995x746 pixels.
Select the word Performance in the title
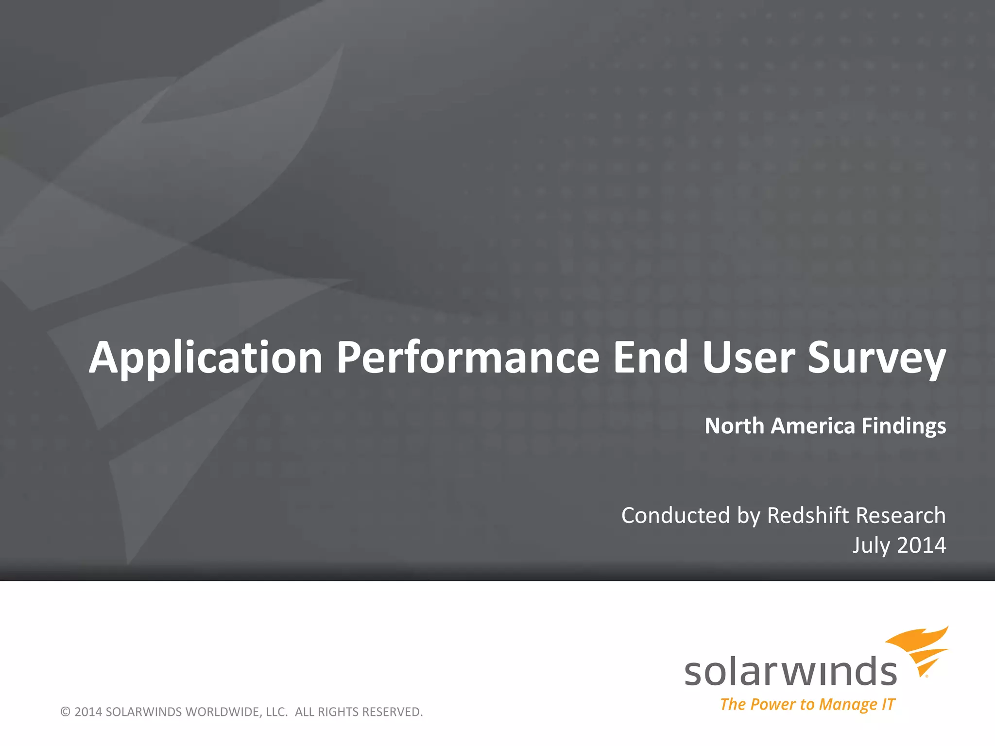pos(468,358)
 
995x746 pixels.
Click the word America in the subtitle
pos(812,426)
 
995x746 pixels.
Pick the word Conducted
pos(675,515)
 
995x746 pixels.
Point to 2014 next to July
pos(922,545)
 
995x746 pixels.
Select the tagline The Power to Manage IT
pos(807,704)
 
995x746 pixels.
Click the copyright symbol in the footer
pos(65,712)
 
